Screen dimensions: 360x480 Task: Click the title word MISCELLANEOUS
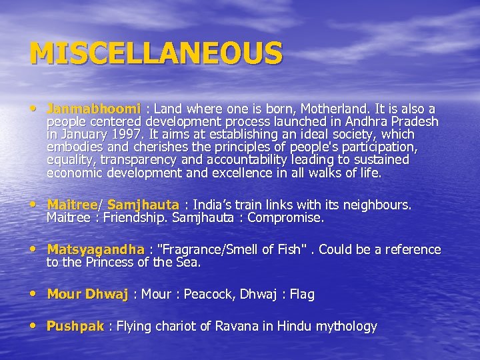(x=156, y=53)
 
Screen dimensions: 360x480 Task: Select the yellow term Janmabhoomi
(x=93, y=109)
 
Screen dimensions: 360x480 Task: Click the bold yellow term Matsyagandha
(x=95, y=250)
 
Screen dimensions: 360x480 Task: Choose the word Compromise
(x=285, y=218)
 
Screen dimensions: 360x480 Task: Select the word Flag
(x=301, y=295)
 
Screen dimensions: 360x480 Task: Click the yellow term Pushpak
(x=75, y=327)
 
